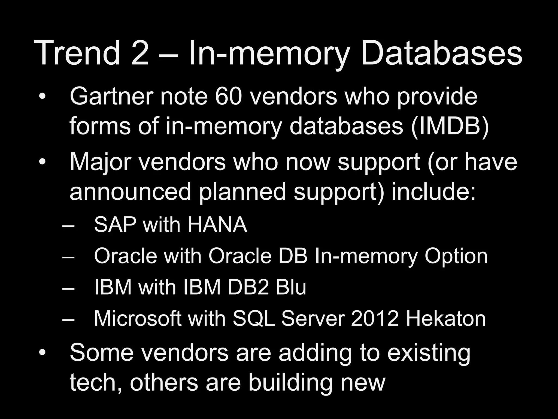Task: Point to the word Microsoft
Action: [138, 318]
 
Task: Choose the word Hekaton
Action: [446, 318]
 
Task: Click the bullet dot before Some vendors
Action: [43, 353]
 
